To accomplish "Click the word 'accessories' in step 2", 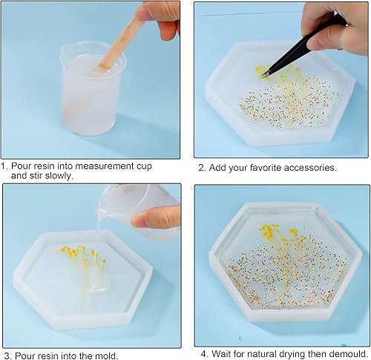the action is (x=310, y=168).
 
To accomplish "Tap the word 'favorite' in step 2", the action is (x=265, y=168).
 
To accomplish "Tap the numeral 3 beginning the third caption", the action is (x=7, y=356).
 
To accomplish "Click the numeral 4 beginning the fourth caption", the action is (x=204, y=354).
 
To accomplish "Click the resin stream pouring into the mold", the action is (x=99, y=247).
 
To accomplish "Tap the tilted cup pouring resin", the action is (x=139, y=210).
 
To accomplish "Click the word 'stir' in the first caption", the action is (x=36, y=176).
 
